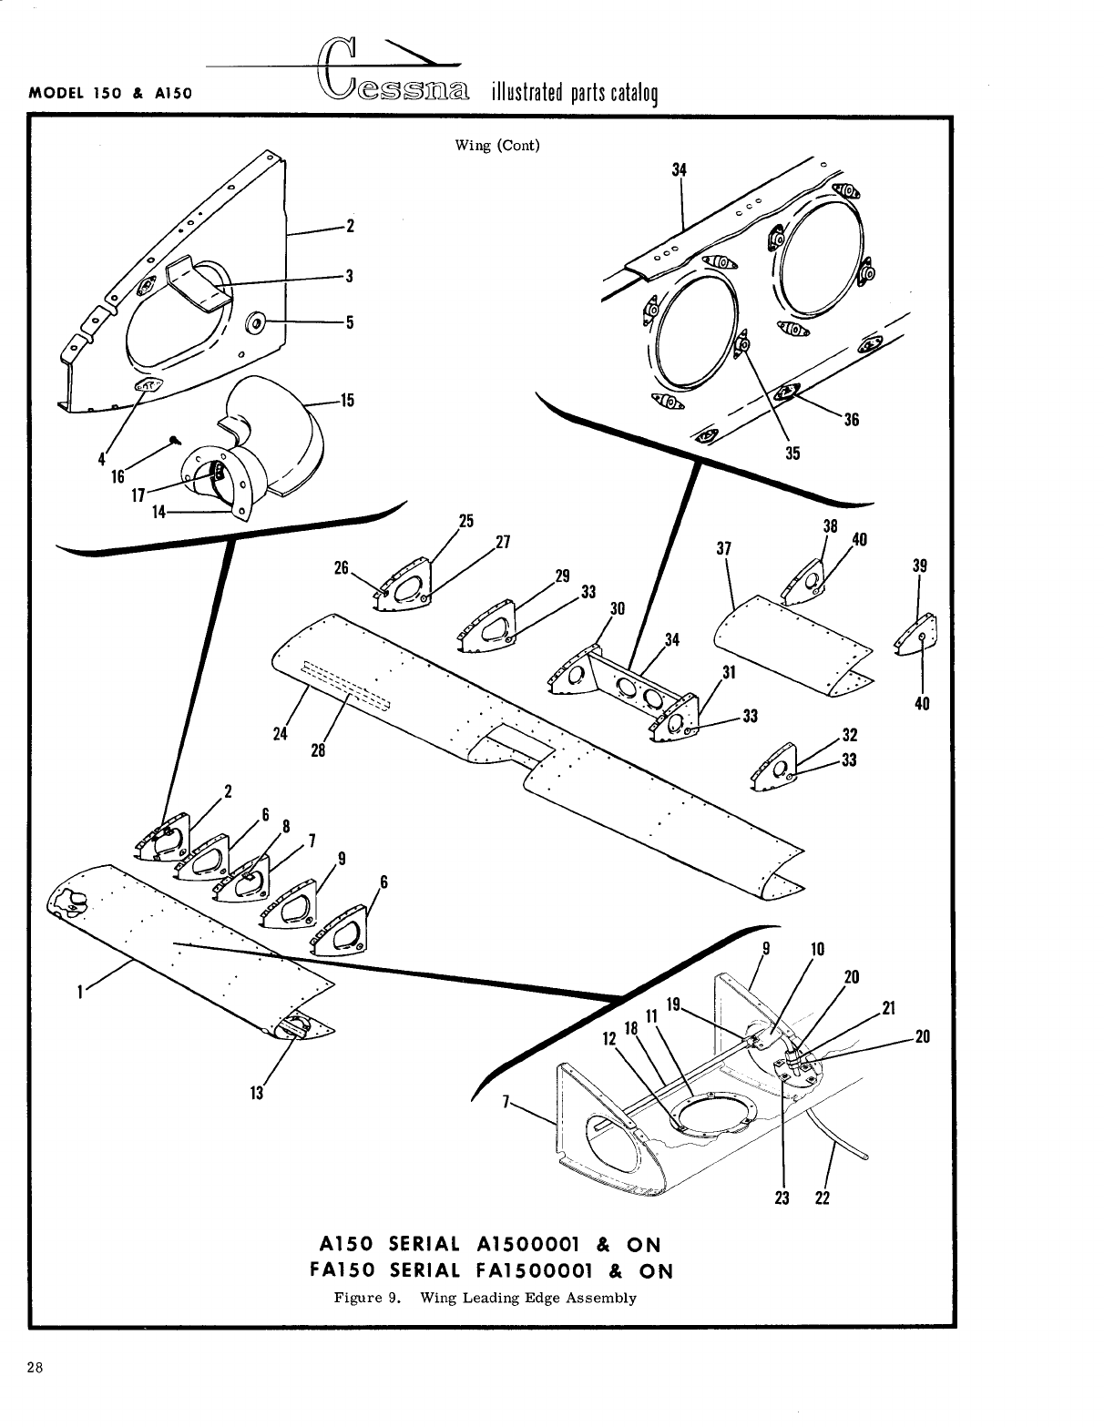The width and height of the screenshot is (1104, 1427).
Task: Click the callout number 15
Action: point(346,400)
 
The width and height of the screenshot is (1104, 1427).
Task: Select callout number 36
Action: point(852,420)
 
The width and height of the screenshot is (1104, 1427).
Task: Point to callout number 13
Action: point(257,1093)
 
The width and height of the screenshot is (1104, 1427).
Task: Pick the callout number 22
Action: point(822,1198)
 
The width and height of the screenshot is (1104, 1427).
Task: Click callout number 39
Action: point(919,566)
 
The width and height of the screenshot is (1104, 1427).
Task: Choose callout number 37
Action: point(724,548)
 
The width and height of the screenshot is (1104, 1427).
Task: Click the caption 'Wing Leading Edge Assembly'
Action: point(527,1297)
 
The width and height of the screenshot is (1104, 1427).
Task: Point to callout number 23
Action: point(782,1198)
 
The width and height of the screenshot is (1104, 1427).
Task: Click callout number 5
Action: point(349,321)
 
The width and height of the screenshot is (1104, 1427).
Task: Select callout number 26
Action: point(342,566)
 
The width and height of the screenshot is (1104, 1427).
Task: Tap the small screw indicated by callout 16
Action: point(173,441)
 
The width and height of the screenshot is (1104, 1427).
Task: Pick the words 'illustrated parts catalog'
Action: point(574,94)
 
